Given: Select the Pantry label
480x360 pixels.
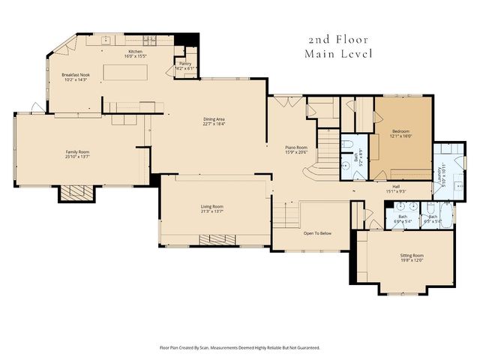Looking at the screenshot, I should pyautogui.click(x=184, y=64).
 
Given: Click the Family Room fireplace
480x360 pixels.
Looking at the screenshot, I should pyautogui.click(x=78, y=193).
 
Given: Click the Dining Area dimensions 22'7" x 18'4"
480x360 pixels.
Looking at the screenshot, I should pyautogui.click(x=214, y=124).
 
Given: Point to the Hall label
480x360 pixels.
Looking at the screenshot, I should pyautogui.click(x=396, y=186).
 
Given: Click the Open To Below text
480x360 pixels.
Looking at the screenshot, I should pyautogui.click(x=317, y=233).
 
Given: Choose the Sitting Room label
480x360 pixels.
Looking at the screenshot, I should pyautogui.click(x=412, y=256).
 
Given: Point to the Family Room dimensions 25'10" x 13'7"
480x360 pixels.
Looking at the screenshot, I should pyautogui.click(x=77, y=157).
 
